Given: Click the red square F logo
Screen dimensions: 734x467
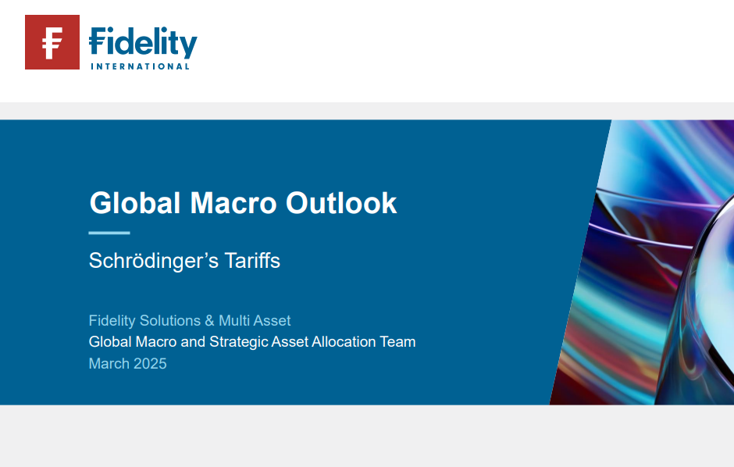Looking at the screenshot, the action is pos(52,42).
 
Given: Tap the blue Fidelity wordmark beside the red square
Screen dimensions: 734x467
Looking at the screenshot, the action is pos(143,43).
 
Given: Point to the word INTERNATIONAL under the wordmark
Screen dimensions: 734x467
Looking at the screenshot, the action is pos(140,66).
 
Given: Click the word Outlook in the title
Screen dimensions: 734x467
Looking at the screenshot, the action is pos(341,203).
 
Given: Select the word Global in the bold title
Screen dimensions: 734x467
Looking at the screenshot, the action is pos(135,203).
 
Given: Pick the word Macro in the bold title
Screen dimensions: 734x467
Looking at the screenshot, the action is pos(233,203).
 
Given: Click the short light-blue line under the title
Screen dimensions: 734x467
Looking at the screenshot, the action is pos(109,233).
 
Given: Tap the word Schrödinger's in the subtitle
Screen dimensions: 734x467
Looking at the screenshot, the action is pos(154,261).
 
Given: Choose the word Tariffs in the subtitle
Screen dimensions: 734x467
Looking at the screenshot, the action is pos(252,260).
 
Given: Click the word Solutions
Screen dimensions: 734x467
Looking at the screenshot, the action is pos(170,320).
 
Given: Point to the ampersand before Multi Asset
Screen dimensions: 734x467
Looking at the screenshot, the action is pos(210,320).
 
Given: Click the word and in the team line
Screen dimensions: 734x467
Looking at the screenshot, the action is pos(193,341).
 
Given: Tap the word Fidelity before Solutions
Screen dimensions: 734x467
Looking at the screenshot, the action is pos(112,320).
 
